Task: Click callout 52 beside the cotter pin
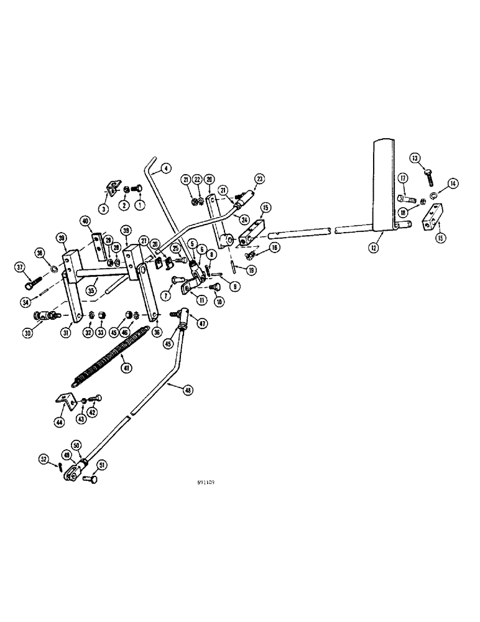43,459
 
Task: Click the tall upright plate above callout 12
384,180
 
